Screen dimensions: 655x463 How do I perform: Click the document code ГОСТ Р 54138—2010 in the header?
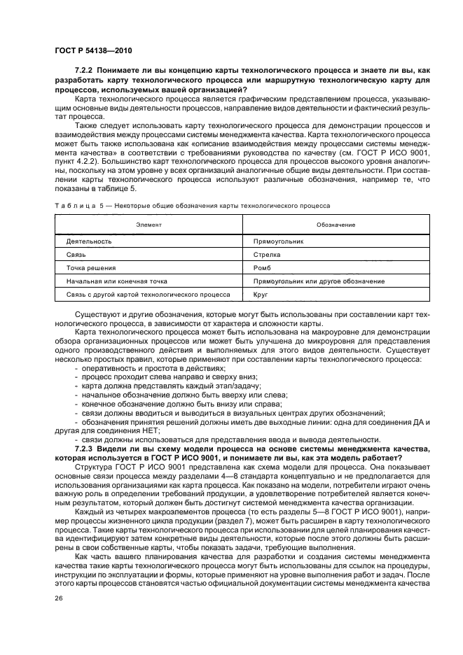click(x=93, y=52)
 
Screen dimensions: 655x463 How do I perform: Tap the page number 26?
click(x=59, y=598)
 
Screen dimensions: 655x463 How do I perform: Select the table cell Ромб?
click(x=262, y=267)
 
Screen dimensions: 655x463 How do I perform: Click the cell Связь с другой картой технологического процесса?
click(x=148, y=295)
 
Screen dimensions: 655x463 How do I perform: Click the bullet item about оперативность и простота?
click(x=153, y=367)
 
